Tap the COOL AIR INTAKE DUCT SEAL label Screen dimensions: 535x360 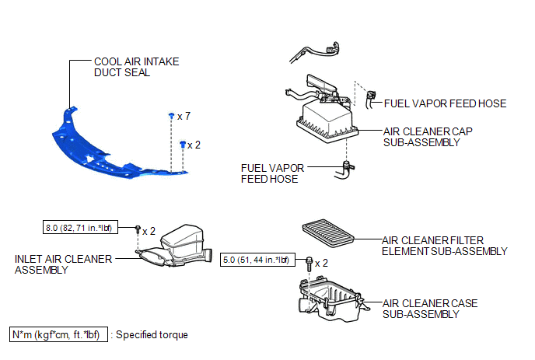pyautogui.click(x=137, y=67)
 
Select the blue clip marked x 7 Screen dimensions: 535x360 pyautogui.click(x=172, y=116)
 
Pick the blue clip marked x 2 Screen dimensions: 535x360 pyautogui.click(x=183, y=145)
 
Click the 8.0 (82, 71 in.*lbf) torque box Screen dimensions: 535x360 pyautogui.click(x=80, y=227)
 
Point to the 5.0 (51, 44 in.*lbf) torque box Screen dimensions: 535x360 pyautogui.click(x=257, y=260)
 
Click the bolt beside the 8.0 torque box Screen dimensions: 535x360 pyautogui.click(x=138, y=229)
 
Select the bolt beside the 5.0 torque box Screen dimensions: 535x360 pyautogui.click(x=309, y=264)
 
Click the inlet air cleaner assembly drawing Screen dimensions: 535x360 pyautogui.click(x=176, y=246)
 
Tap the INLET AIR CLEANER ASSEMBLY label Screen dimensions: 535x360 pyautogui.click(x=63, y=264)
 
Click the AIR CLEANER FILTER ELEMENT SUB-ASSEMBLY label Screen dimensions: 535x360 pyautogui.click(x=444, y=246)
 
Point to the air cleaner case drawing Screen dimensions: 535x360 pyautogui.click(x=333, y=299)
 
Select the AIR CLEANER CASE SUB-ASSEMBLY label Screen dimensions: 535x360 pyautogui.click(x=430, y=309)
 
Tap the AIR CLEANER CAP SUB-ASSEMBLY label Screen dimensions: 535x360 pyautogui.click(x=428, y=137)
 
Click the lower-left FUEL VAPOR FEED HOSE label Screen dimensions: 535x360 pyautogui.click(x=272, y=173)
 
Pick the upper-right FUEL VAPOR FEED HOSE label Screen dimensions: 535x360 pyautogui.click(x=445, y=103)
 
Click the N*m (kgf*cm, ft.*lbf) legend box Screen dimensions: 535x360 pyautogui.click(x=58, y=334)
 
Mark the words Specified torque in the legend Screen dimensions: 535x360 pyautogui.click(x=152, y=335)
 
